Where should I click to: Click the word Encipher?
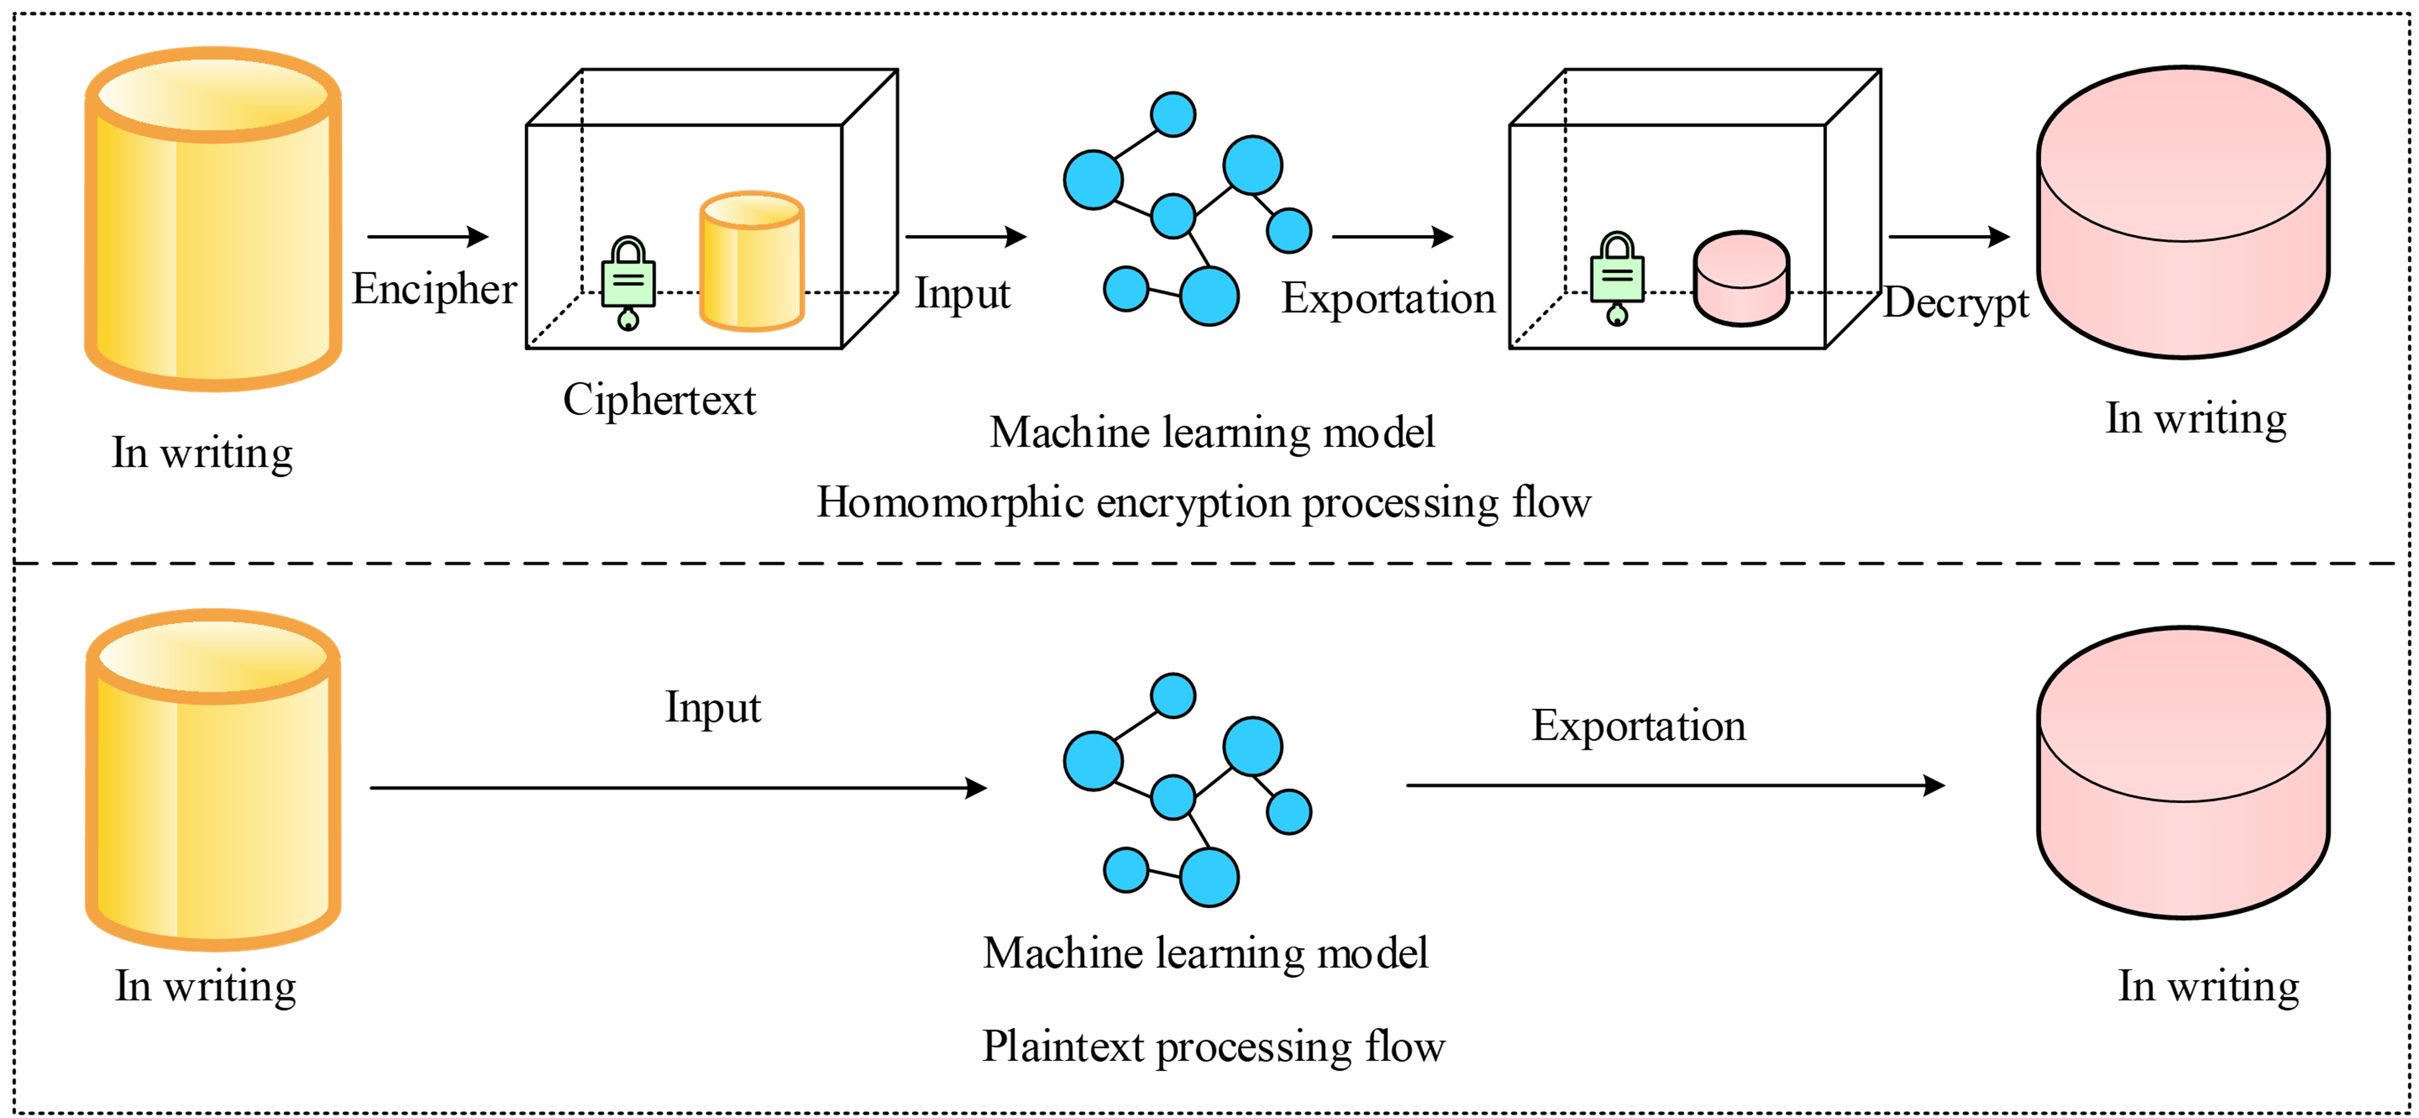coord(434,289)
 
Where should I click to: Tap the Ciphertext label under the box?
coord(659,400)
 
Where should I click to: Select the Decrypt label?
coord(1956,303)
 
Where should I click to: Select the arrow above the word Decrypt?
coord(1949,237)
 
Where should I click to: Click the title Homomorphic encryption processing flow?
coord(1203,503)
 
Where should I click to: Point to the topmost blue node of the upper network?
coord(1173,115)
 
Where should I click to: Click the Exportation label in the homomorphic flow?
coord(1388,299)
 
